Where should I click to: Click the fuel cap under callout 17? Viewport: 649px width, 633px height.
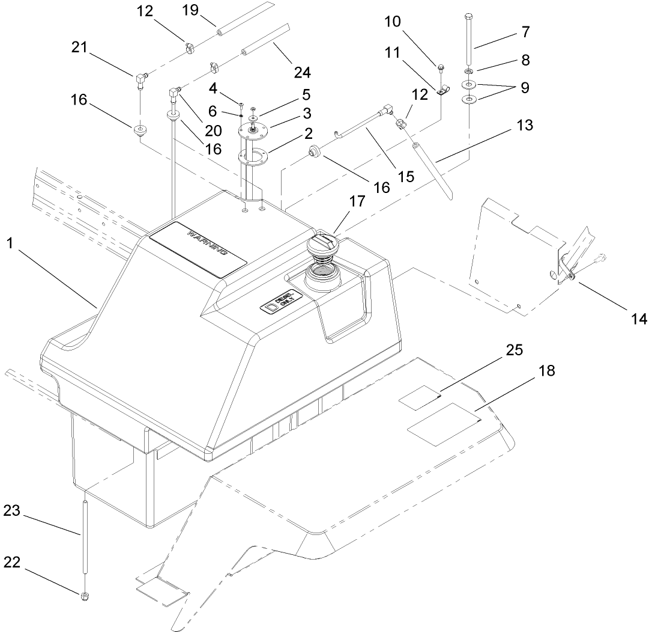(x=324, y=246)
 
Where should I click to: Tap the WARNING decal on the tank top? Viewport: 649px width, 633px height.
(x=198, y=248)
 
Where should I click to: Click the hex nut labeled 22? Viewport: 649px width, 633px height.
(x=84, y=596)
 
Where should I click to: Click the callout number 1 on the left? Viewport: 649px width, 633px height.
(x=10, y=243)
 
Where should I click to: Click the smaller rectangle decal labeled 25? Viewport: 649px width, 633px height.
(x=421, y=397)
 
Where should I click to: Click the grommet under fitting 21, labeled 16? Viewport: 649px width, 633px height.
(x=142, y=130)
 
